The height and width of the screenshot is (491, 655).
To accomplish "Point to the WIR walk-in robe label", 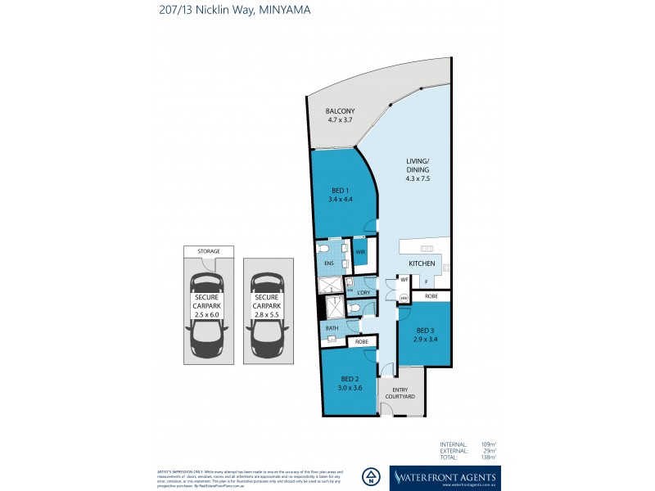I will pyautogui.click(x=360, y=253).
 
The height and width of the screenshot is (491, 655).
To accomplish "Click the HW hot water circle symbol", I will pyautogui.click(x=404, y=298).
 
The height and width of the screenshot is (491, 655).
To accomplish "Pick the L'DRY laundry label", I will pyautogui.click(x=365, y=292).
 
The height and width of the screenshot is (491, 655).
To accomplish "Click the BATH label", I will pyautogui.click(x=332, y=328).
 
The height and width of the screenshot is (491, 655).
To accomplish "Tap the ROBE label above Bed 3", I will pyautogui.click(x=431, y=295).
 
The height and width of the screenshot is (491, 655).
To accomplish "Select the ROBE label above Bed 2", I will pyautogui.click(x=361, y=341).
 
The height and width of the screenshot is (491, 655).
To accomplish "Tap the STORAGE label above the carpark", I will pyautogui.click(x=207, y=252).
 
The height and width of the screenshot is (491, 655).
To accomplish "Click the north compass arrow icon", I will pyautogui.click(x=373, y=476).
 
